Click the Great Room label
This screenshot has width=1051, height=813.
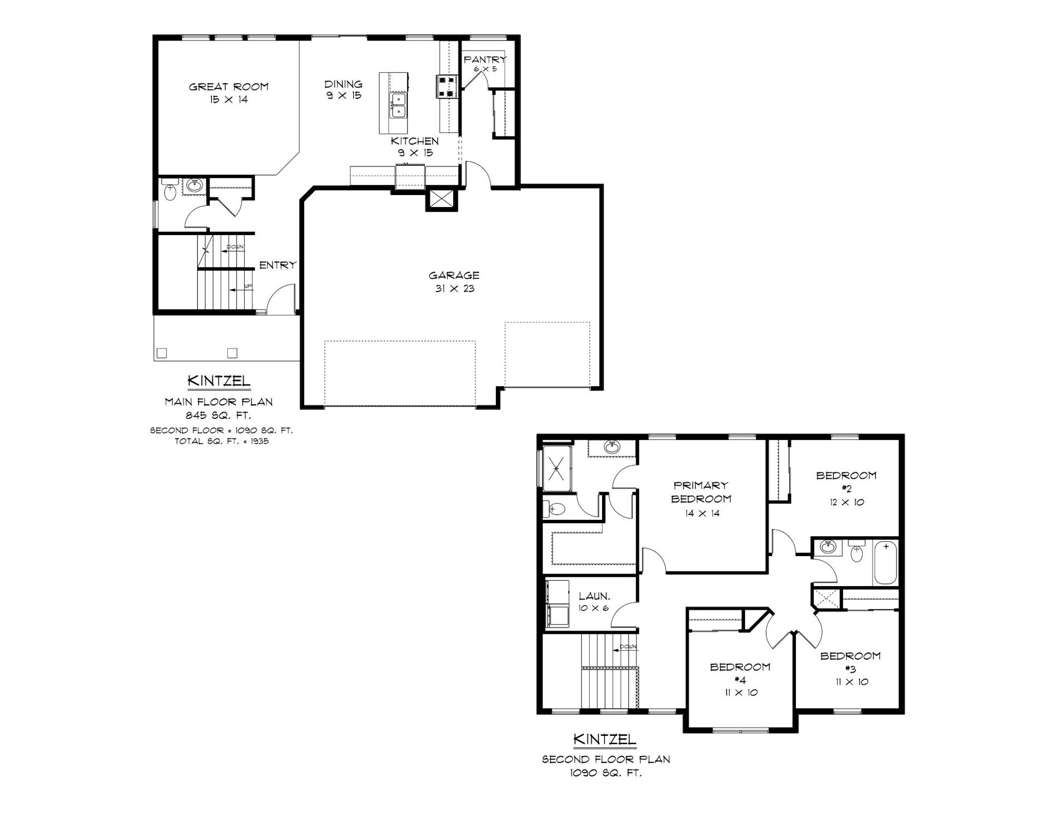tap(229, 87)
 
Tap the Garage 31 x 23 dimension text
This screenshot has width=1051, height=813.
tap(454, 289)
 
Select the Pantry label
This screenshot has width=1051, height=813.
tap(485, 59)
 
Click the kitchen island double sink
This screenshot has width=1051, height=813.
tap(399, 106)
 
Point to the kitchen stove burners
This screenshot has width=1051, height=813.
tap(446, 86)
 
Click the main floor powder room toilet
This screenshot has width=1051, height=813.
tap(169, 192)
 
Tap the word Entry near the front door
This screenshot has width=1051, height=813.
tap(278, 265)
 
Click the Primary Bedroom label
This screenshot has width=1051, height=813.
tap(701, 492)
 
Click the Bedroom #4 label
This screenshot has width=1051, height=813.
tap(740, 673)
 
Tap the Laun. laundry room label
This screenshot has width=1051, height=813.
tap(594, 596)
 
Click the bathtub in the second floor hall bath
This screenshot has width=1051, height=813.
tap(886, 562)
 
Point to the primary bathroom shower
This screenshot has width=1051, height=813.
tap(556, 469)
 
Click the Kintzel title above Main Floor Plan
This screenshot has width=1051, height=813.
tap(219, 380)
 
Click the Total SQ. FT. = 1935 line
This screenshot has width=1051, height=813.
tap(222, 442)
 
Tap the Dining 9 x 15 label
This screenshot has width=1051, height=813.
tap(344, 90)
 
